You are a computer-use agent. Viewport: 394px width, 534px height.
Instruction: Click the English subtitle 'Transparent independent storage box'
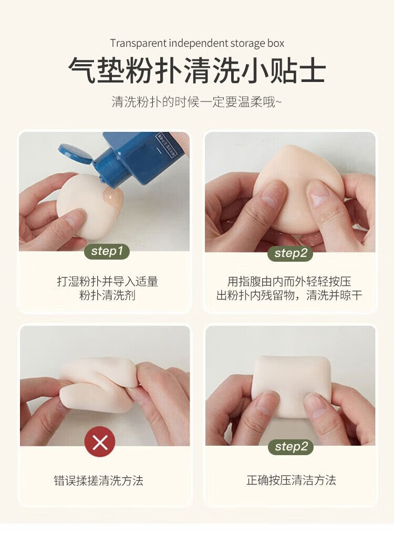tap(197, 44)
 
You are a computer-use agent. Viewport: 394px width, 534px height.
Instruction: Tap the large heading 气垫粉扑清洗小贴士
tap(197, 70)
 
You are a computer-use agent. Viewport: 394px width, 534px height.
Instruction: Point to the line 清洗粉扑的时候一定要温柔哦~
tap(197, 102)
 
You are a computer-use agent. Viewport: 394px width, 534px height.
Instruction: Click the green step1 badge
tap(107, 251)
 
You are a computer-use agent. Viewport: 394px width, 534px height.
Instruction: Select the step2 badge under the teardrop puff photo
tap(291, 253)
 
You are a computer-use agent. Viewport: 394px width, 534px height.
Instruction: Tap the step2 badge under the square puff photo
tap(291, 446)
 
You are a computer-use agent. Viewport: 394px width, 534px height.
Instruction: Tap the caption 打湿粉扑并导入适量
tap(107, 282)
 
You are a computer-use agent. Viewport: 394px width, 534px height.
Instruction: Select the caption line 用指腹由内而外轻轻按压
tap(289, 282)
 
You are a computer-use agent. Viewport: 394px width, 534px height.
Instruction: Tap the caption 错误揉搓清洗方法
tap(98, 480)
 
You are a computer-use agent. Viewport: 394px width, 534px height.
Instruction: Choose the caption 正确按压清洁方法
tap(291, 480)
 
